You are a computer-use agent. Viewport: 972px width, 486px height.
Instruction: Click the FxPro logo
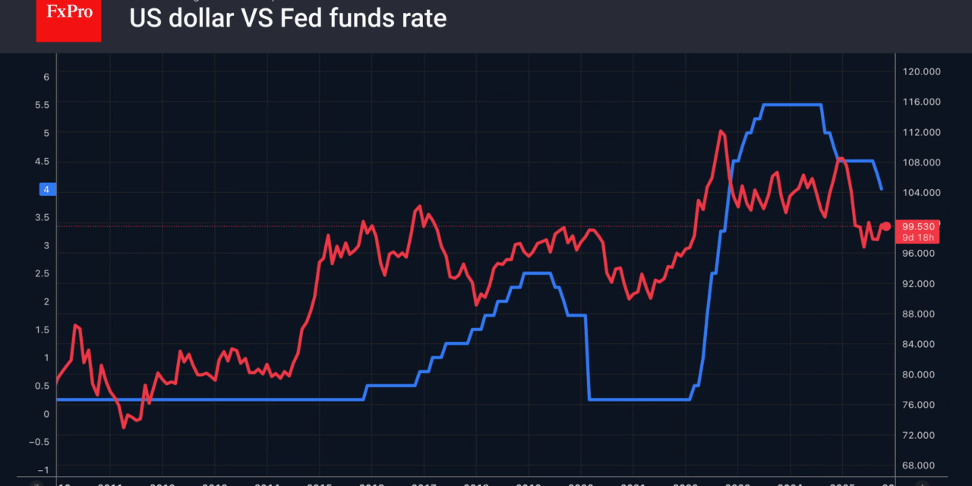(x=68, y=20)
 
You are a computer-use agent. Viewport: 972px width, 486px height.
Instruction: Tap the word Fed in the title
(x=302, y=18)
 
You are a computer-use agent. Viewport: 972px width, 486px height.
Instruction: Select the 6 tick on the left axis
(x=46, y=77)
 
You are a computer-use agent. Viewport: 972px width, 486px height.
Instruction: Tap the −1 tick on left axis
(x=45, y=470)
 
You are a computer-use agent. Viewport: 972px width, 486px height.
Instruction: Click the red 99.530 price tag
(x=917, y=226)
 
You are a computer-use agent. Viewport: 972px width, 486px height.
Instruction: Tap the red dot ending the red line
(x=885, y=226)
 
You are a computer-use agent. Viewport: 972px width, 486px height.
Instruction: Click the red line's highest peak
(x=719, y=131)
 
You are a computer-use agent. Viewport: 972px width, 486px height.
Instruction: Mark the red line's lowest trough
(x=124, y=428)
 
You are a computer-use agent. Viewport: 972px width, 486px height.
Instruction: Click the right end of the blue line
(x=881, y=189)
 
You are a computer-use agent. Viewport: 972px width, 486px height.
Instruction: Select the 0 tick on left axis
(x=46, y=414)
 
